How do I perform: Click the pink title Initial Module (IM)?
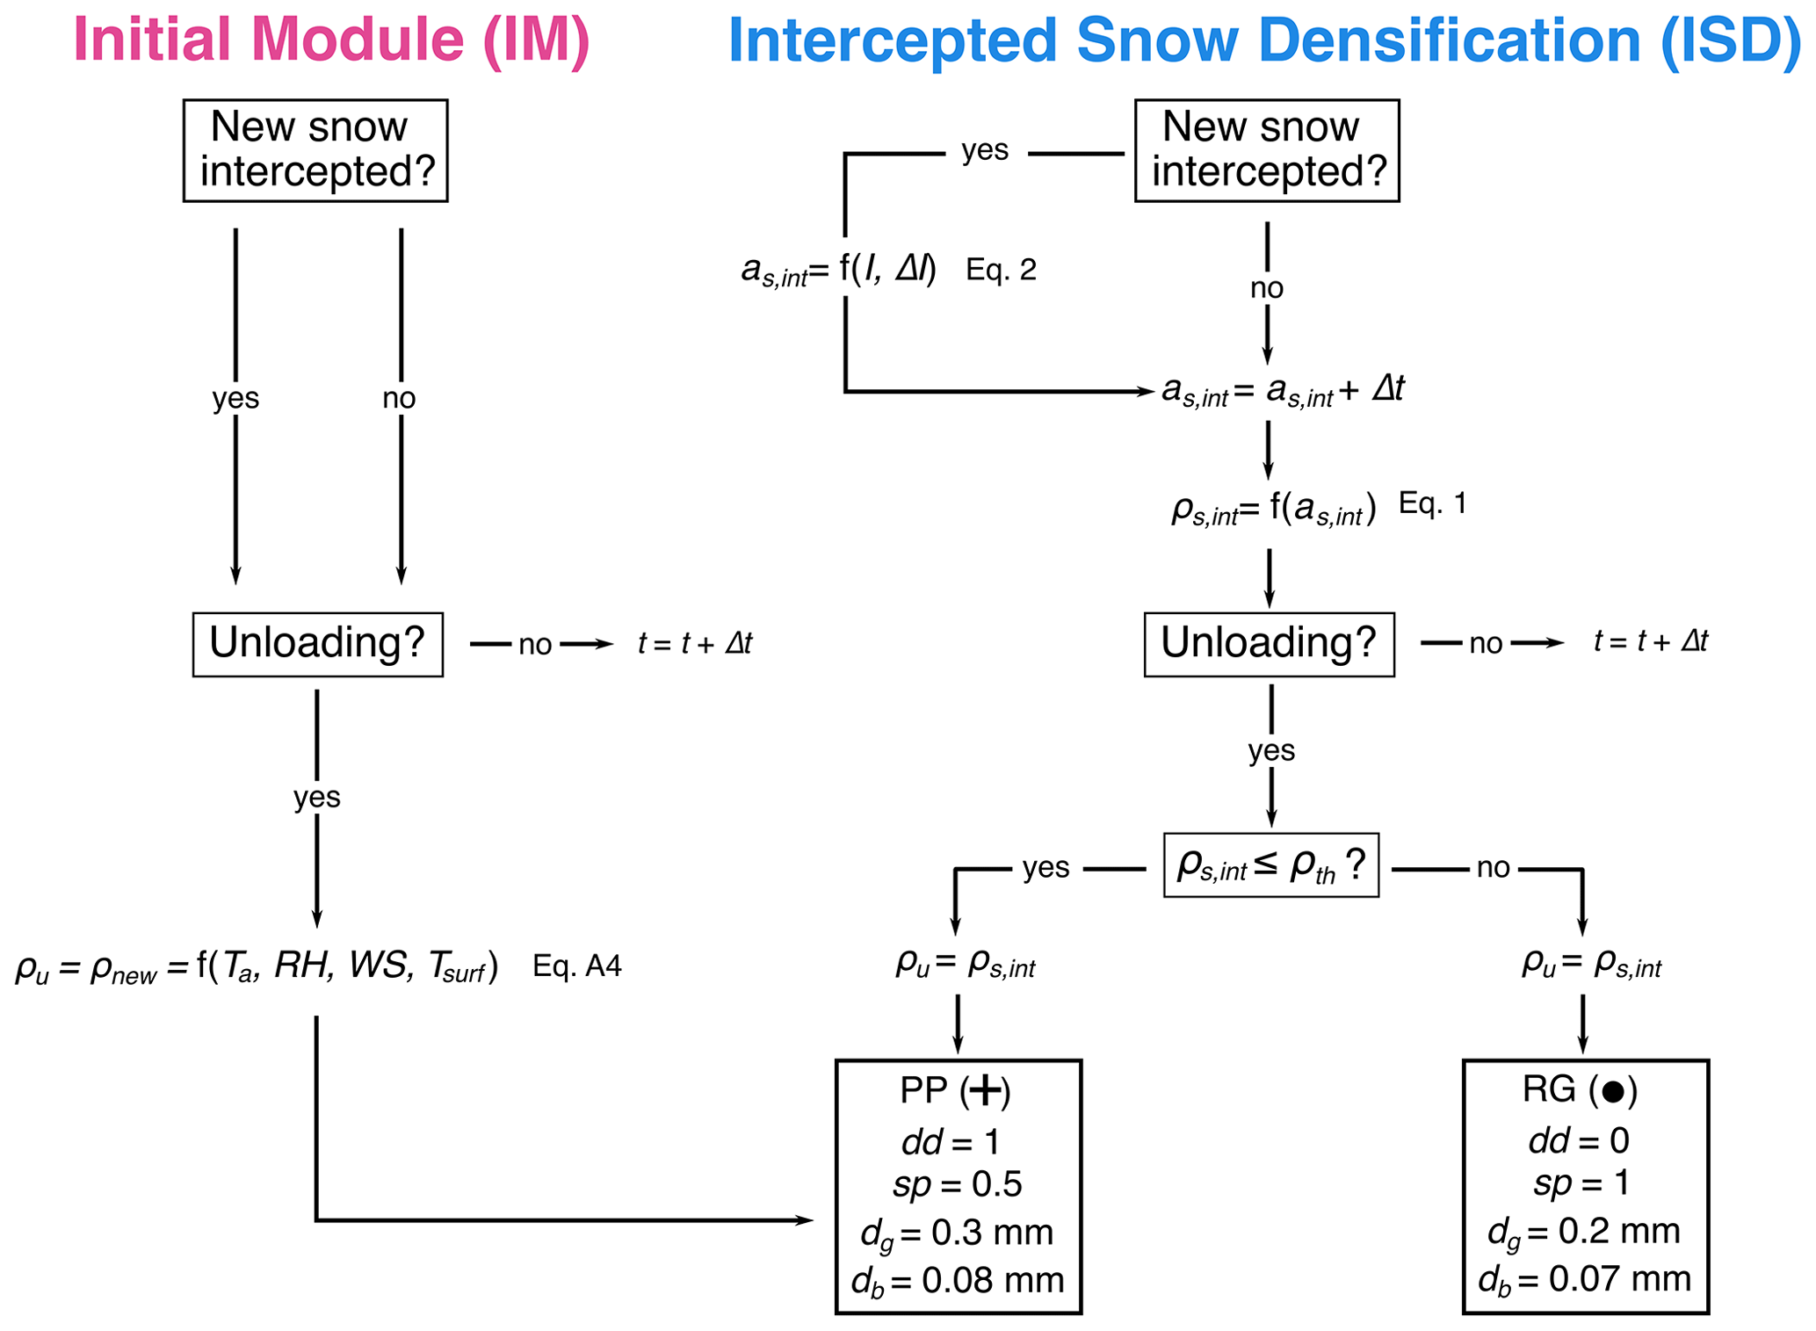[x=331, y=40]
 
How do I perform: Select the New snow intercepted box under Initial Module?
[x=315, y=150]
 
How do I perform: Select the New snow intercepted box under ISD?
[x=1266, y=150]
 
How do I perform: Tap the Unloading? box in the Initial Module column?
[x=317, y=644]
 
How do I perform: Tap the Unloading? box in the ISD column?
[x=1269, y=644]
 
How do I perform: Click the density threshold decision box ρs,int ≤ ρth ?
[x=1270, y=865]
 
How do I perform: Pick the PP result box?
[x=958, y=1186]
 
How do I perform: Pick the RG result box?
[x=1585, y=1186]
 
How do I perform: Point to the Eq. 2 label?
[x=1001, y=270]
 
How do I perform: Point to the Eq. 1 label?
[x=1432, y=503]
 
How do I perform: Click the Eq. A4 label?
[x=576, y=966]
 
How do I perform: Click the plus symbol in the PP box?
[x=985, y=1091]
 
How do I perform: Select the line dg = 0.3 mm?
[x=957, y=1233]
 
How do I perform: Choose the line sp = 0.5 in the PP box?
[x=957, y=1184]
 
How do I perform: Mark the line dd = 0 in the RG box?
[x=1579, y=1140]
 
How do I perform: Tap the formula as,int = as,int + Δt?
[x=1283, y=390]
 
